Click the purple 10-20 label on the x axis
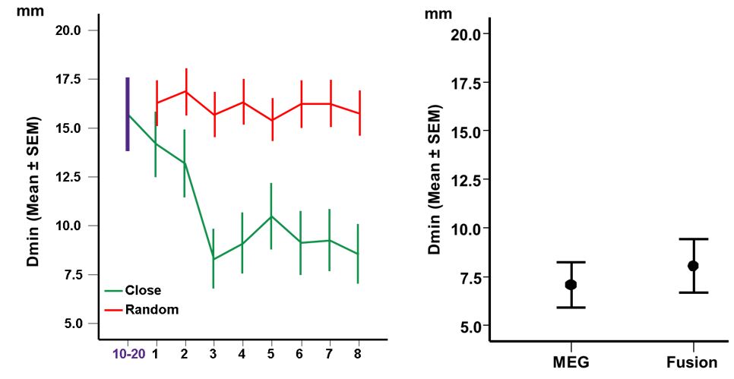[128, 353]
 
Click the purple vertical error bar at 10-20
[128, 114]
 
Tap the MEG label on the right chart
[571, 362]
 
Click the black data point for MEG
[571, 285]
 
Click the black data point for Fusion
[693, 266]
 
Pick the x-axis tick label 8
[358, 353]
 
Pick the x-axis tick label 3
[214, 353]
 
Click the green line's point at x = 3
[214, 259]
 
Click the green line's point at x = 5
[271, 216]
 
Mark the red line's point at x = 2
[185, 91]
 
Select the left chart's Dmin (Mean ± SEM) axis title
[33, 191]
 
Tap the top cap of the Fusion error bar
[693, 239]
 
